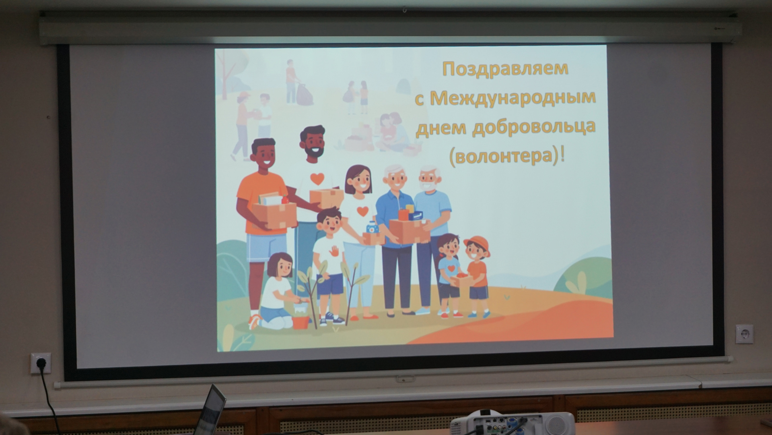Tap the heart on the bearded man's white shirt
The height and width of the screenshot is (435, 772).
[x=317, y=178]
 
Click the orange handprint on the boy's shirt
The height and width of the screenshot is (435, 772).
[x=334, y=251]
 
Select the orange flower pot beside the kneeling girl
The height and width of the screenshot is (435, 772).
[x=300, y=322]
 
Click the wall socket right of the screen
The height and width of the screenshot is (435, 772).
[x=744, y=334]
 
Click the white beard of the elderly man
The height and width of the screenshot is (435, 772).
[x=428, y=186]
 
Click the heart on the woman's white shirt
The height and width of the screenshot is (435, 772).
[x=362, y=211]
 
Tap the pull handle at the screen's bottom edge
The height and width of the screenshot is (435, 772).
[x=405, y=379]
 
